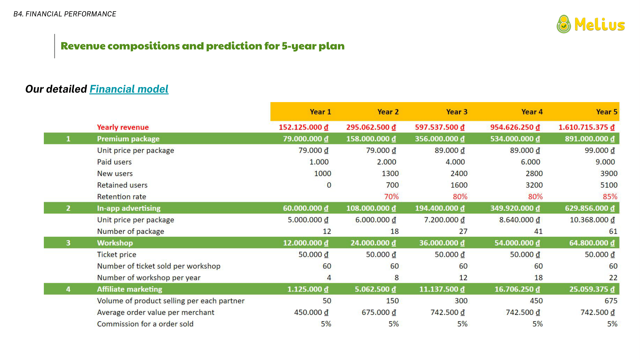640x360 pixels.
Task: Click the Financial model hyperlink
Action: click(x=129, y=89)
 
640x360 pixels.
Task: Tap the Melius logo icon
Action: click(x=564, y=24)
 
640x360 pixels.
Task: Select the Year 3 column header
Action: click(x=457, y=112)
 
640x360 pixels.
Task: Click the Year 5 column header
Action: click(x=606, y=112)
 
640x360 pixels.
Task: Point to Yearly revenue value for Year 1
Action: click(x=303, y=127)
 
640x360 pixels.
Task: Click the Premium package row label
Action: click(x=128, y=139)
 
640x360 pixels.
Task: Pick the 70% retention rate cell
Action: click(x=391, y=196)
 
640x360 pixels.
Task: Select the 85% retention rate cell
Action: click(x=610, y=196)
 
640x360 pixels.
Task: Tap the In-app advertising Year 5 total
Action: click(x=589, y=208)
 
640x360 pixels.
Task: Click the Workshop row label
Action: click(x=115, y=243)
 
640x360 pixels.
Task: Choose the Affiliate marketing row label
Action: click(x=129, y=289)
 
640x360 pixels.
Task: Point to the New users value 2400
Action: click(x=459, y=173)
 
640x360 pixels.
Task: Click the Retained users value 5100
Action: click(x=609, y=185)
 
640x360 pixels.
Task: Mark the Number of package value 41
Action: click(x=538, y=231)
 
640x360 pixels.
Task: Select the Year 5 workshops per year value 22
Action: click(x=613, y=278)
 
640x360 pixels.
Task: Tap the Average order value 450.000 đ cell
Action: click(x=311, y=312)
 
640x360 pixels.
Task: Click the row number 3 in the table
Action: click(x=68, y=243)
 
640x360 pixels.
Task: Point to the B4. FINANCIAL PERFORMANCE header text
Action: click(x=65, y=14)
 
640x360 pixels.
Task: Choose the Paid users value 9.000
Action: click(x=605, y=162)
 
